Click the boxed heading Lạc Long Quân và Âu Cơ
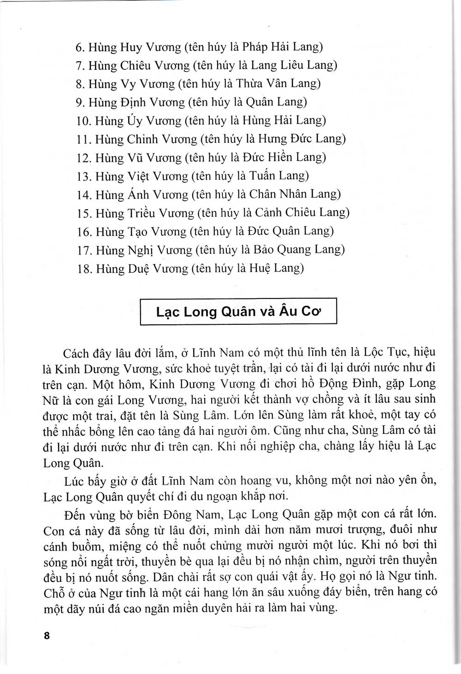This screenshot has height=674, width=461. point(238,311)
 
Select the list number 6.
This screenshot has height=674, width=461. point(78,47)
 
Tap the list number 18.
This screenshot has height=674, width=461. point(85,269)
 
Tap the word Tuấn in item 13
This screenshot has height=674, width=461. point(266,176)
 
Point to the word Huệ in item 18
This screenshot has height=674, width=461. point(262,268)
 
